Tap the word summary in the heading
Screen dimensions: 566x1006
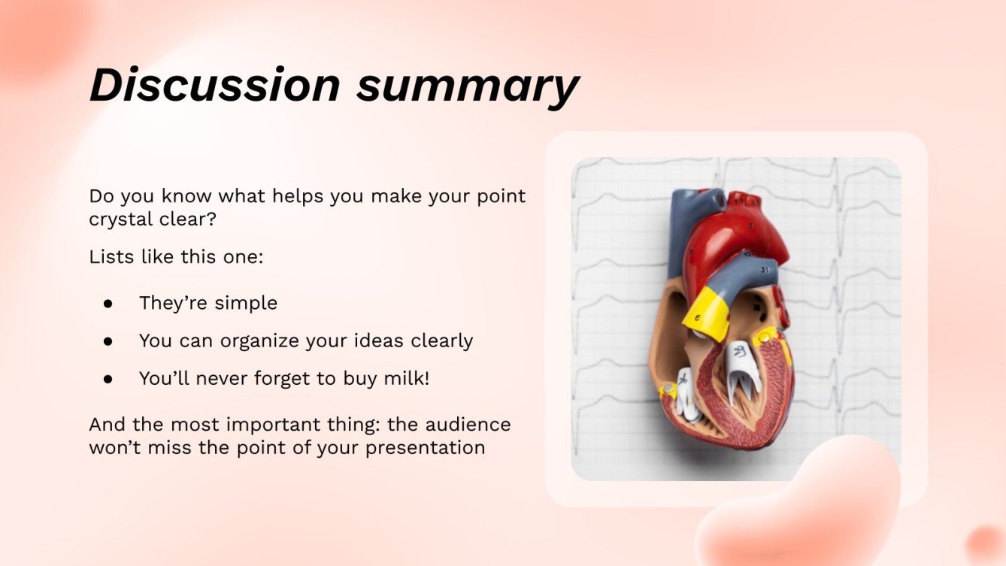[467, 85]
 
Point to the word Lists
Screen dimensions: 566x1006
[111, 256]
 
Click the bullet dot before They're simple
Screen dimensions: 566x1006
[108, 304]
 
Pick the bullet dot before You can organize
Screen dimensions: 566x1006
[108, 341]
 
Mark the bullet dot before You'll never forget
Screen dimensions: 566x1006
[108, 379]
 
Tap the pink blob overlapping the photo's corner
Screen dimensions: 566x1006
[797, 511]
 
